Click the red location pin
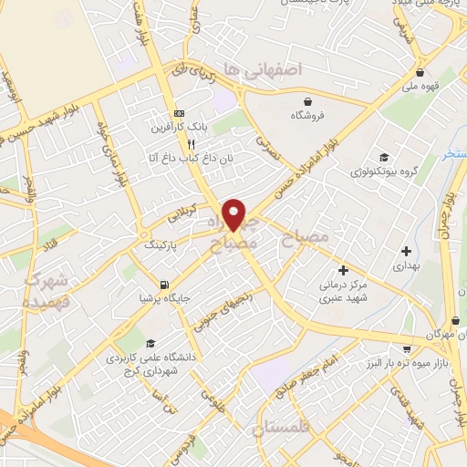coord(235,213)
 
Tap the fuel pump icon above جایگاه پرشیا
coord(164,284)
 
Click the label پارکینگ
coord(162,245)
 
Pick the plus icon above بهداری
coord(406,250)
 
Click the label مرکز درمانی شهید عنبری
coord(344,292)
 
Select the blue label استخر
coord(454,154)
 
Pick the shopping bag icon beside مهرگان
coord(453,321)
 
